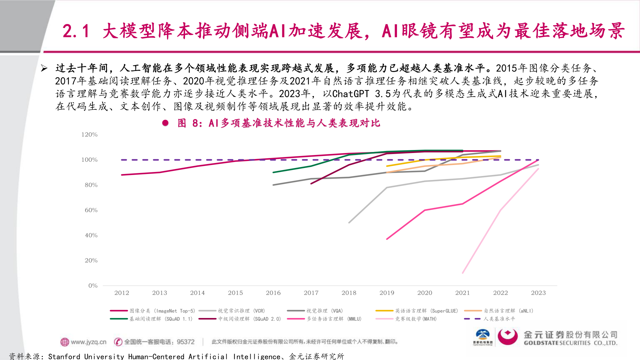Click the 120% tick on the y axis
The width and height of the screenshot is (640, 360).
(x=89, y=135)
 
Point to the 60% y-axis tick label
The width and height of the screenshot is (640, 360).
(x=91, y=210)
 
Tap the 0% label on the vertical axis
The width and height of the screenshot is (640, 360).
(x=93, y=286)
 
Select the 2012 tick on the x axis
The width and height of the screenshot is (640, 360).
(x=122, y=293)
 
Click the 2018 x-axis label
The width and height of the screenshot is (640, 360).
(x=349, y=293)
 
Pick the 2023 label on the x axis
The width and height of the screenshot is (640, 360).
(x=538, y=293)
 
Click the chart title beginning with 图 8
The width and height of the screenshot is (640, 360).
(x=279, y=123)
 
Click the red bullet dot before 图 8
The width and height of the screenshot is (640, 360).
(x=165, y=123)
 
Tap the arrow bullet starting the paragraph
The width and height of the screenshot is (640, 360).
(x=44, y=68)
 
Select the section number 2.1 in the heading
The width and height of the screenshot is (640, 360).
(x=76, y=31)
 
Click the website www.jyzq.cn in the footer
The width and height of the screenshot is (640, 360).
(x=88, y=342)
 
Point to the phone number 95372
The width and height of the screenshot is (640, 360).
(x=186, y=342)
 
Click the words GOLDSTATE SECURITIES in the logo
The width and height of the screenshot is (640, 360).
(x=557, y=343)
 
